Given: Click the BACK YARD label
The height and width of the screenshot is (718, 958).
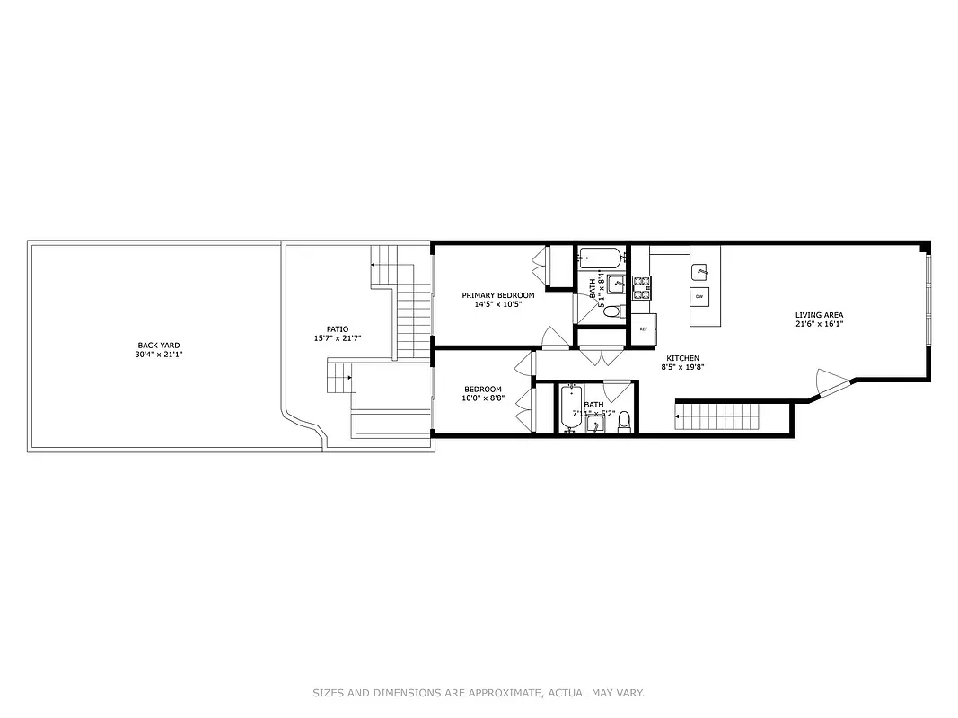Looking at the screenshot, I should click(x=152, y=346).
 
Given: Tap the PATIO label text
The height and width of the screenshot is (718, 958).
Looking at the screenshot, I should click(x=337, y=329).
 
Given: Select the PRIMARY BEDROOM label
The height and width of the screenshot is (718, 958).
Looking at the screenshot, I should click(x=497, y=295).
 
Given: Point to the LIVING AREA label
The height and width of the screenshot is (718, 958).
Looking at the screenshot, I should click(x=819, y=315).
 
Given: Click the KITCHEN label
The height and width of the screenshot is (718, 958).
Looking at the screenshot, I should click(x=682, y=358).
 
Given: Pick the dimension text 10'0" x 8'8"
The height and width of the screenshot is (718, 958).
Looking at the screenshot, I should click(x=483, y=398).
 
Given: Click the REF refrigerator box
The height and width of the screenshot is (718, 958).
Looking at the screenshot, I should click(x=644, y=328).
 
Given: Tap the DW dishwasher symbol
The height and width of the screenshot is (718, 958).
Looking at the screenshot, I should click(x=700, y=296).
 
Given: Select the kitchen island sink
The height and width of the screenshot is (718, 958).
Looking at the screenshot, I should click(x=700, y=270).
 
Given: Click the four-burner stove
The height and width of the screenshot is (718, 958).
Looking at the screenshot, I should click(x=641, y=287).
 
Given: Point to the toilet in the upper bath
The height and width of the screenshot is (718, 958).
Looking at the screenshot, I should click(x=612, y=311).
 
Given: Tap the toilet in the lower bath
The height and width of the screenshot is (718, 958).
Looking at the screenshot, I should click(x=624, y=423).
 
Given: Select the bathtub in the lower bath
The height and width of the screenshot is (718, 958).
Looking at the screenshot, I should click(x=571, y=408).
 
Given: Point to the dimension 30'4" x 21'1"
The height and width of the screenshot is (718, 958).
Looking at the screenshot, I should click(x=152, y=355).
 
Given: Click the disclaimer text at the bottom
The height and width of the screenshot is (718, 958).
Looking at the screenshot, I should click(x=479, y=693).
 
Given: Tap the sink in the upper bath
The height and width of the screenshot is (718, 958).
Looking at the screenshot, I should click(x=617, y=284).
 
